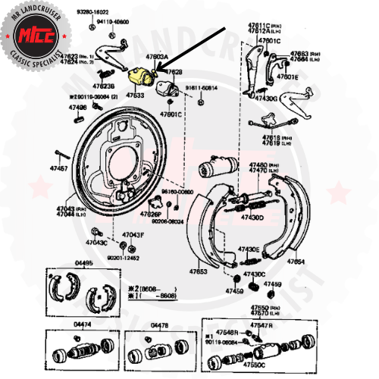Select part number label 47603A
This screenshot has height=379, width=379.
[157, 57]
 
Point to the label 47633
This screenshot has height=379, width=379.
[136, 96]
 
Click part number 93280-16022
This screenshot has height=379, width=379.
[93, 13]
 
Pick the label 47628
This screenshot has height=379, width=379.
[174, 71]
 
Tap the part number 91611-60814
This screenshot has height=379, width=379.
[201, 87]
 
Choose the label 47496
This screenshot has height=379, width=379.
[77, 107]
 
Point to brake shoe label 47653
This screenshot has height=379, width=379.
[198, 271]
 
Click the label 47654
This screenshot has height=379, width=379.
[295, 262]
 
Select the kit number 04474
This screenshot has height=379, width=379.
[83, 324]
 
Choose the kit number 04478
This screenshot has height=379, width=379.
[160, 324]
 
